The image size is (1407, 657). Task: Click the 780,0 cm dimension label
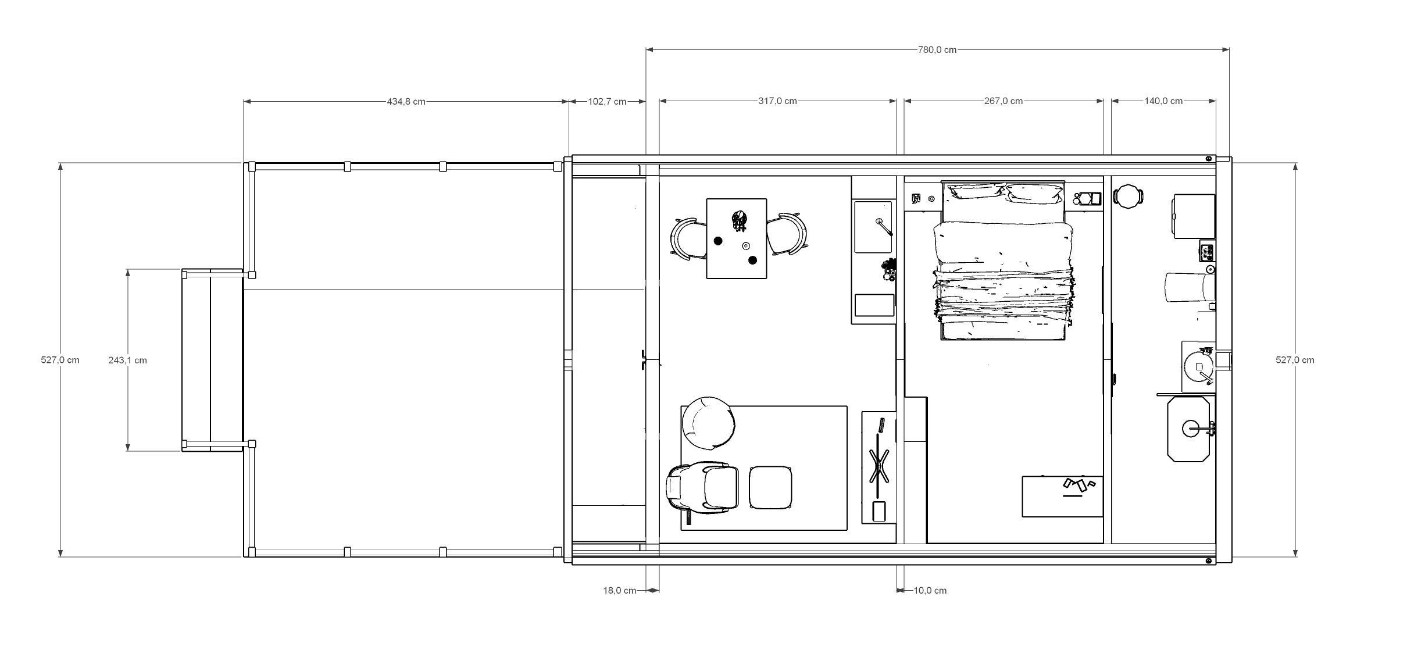[937, 50]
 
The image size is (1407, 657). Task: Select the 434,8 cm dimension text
[406, 102]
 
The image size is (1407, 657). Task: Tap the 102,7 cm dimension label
[607, 102]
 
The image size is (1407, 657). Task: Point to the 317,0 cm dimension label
[777, 101]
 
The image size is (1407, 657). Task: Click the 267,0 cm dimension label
[1003, 101]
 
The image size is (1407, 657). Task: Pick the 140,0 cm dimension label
[1163, 101]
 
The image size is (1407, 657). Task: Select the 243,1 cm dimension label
[127, 360]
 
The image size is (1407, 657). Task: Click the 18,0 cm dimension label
[619, 591]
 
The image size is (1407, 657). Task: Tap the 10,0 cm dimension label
[930, 591]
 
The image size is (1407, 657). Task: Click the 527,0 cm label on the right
[1295, 360]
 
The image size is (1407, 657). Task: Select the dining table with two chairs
[737, 238]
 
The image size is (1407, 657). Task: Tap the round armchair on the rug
[708, 423]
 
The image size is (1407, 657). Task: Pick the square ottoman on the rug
[770, 487]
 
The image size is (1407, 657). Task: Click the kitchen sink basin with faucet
[873, 227]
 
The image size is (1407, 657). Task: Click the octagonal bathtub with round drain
[1188, 429]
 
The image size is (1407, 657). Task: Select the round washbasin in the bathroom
[1198, 367]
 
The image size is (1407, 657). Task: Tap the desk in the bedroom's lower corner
[1062, 497]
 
